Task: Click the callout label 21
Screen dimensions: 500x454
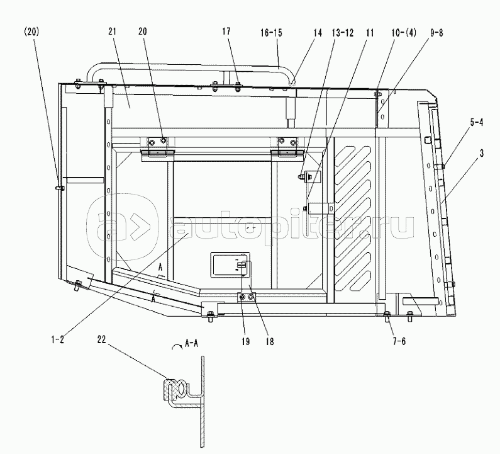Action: point(112,31)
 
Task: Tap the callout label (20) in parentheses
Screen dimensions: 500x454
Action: point(31,31)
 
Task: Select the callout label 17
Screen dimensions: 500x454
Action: point(226,31)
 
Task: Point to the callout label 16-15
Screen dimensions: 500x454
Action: point(271,33)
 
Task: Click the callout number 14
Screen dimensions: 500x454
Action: point(318,33)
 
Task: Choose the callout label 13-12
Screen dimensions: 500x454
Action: point(343,33)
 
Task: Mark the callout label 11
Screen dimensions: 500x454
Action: point(370,33)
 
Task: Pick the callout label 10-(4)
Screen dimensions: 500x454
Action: point(404,33)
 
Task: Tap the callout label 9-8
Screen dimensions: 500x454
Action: point(436,33)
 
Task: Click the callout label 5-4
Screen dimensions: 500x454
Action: point(476,122)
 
